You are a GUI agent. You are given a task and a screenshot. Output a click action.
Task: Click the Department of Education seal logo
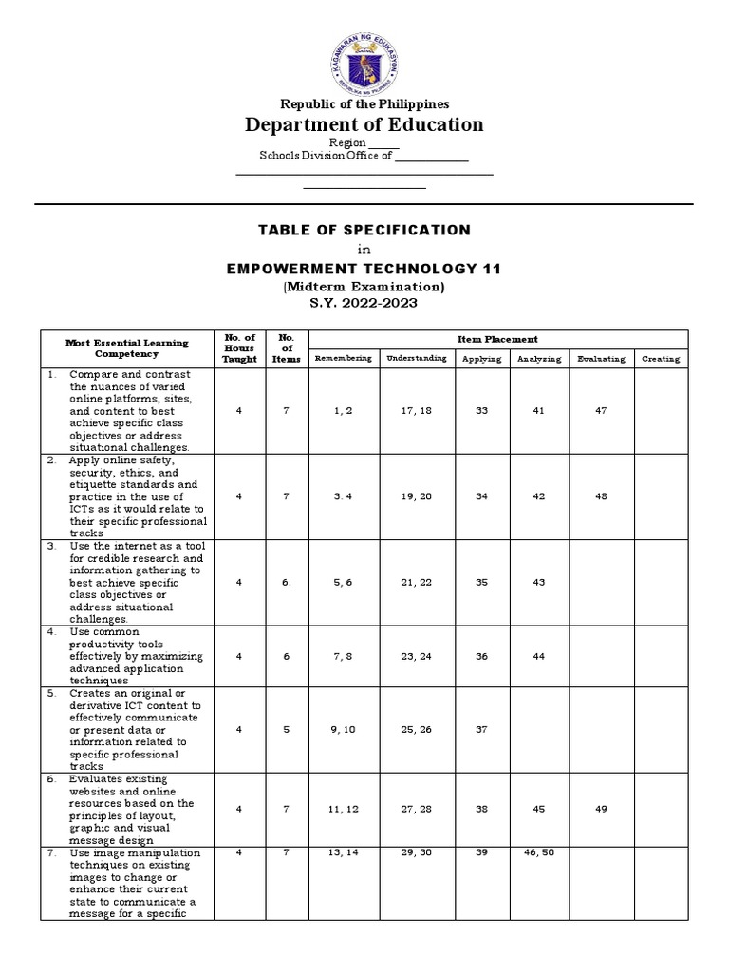[x=364, y=56]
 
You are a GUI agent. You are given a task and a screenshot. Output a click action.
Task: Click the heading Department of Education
[x=364, y=124]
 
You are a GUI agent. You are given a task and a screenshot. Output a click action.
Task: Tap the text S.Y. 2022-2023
[x=364, y=303]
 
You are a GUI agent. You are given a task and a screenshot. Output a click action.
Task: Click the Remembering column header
[x=344, y=359]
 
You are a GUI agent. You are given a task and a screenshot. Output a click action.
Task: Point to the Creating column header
[x=660, y=359]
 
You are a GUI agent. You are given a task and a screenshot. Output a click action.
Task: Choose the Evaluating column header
[x=600, y=359]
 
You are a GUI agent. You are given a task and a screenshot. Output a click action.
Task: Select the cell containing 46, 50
[x=539, y=853]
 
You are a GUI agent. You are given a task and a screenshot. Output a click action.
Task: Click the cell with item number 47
[x=600, y=410]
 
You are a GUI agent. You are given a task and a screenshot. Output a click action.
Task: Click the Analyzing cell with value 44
[x=539, y=655]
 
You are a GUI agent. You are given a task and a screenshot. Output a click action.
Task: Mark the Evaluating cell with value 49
[x=600, y=809]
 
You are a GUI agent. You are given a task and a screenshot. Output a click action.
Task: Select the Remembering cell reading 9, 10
[x=344, y=729]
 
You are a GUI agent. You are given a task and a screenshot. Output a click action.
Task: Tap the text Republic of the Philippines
[x=364, y=103]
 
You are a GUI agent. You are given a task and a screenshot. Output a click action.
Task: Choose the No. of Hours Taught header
[x=239, y=348]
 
